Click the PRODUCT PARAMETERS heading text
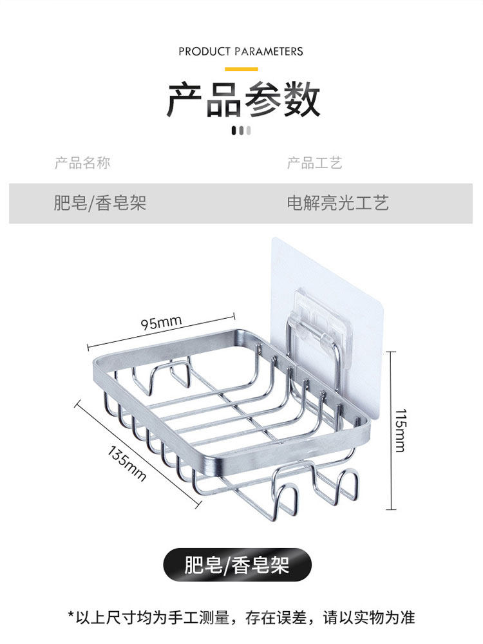click(x=241, y=52)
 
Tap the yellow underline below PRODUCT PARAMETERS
click(x=241, y=69)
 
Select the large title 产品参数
click(x=243, y=100)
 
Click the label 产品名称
click(x=82, y=163)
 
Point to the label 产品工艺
click(x=314, y=163)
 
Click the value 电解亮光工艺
click(x=338, y=204)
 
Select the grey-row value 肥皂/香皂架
click(x=100, y=204)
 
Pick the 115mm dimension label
click(x=401, y=430)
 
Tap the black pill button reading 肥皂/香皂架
click(x=237, y=565)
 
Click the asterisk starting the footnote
click(x=71, y=617)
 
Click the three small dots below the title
click(x=241, y=131)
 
